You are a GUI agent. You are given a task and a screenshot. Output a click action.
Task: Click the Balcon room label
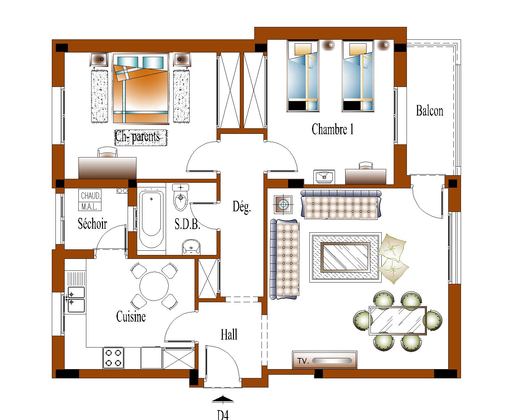click(430, 111)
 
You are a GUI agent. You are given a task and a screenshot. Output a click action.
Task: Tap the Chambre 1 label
click(332, 129)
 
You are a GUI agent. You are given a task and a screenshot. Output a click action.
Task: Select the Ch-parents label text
click(137, 137)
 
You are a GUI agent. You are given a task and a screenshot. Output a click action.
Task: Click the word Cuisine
click(131, 317)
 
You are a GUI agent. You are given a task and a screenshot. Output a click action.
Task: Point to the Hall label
click(229, 334)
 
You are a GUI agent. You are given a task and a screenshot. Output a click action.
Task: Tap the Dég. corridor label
click(241, 207)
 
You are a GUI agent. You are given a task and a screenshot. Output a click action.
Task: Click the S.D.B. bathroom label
click(187, 224)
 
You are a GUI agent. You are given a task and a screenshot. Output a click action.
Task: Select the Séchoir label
click(92, 223)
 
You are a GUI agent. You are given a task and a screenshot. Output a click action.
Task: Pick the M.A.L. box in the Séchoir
click(90, 206)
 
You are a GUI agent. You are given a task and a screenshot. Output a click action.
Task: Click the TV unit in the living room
click(325, 360)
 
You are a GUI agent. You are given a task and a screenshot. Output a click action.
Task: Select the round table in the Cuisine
click(154, 286)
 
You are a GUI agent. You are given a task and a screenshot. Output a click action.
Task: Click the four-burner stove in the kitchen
click(113, 358)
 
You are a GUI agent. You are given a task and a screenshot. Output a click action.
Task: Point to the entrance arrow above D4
click(223, 400)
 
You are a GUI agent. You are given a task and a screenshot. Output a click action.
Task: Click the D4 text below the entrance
click(223, 415)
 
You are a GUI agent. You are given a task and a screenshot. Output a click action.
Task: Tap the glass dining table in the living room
click(398, 321)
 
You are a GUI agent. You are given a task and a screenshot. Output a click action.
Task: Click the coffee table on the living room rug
click(345, 258)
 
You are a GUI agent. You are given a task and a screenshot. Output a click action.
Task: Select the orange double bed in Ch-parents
click(140, 89)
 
